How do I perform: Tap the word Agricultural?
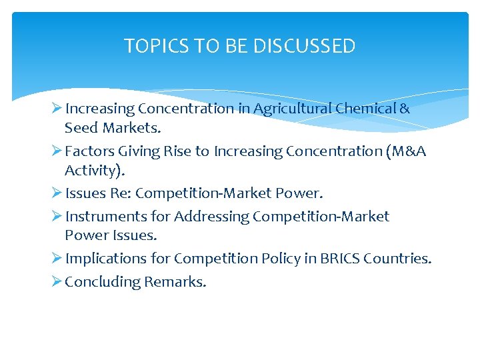pyautogui.click(x=291, y=108)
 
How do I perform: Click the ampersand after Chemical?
pyautogui.click(x=405, y=108)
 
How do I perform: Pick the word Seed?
pyautogui.click(x=80, y=127)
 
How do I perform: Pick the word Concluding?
pyautogui.click(x=103, y=282)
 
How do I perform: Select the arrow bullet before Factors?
pyautogui.click(x=56, y=151)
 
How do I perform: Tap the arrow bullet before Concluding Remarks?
pyautogui.click(x=56, y=281)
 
